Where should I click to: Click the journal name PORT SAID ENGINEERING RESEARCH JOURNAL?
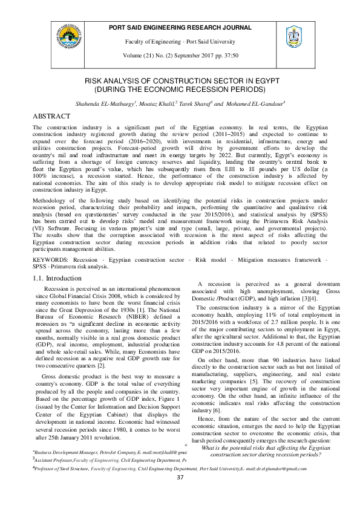tap(180, 28)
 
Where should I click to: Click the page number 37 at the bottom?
tap(180, 494)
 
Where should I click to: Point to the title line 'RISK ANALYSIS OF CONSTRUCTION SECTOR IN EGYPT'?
tap(180, 80)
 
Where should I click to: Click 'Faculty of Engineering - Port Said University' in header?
tap(180, 41)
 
